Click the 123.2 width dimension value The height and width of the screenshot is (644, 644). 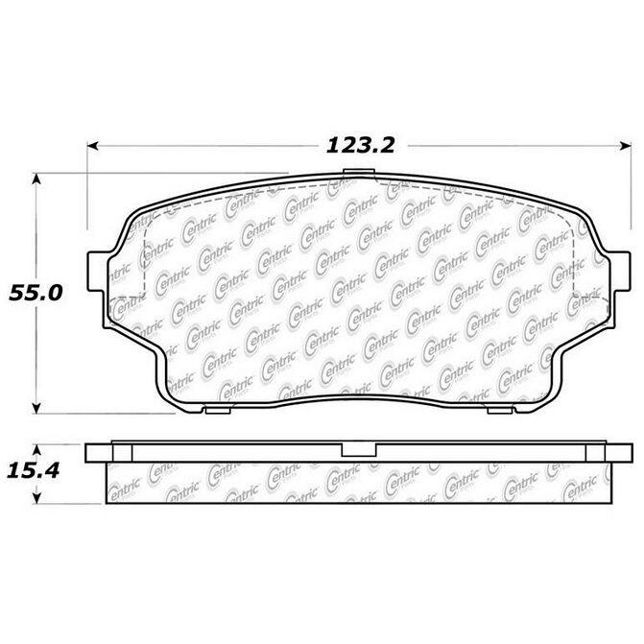pos(360,145)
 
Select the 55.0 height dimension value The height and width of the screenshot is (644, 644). pos(36,294)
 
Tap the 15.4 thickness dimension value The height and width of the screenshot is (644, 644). pos(34,470)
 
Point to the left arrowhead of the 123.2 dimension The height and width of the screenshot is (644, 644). pos(93,146)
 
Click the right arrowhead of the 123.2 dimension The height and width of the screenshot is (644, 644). pos(626,146)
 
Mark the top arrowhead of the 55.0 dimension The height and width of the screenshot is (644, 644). pos(36,179)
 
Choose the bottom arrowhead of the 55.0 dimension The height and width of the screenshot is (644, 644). pos(36,408)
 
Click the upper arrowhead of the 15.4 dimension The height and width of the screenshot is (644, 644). pos(37,450)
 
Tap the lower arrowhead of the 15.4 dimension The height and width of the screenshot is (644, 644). pos(37,498)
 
